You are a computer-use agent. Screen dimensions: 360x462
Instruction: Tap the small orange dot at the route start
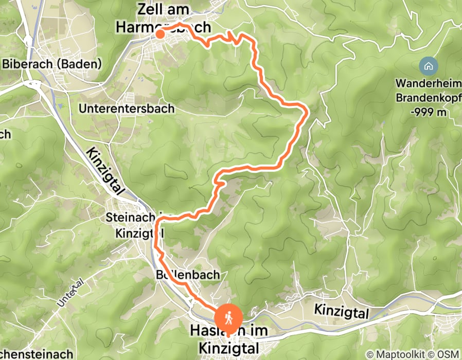[160, 34]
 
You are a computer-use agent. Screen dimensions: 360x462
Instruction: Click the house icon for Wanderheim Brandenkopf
[428, 66]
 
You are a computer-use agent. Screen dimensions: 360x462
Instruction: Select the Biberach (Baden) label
[52, 64]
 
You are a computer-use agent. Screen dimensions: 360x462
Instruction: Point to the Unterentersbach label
[127, 109]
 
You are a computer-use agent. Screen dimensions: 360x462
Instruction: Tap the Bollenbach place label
[187, 275]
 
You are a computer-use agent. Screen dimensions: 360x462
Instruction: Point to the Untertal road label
[70, 295]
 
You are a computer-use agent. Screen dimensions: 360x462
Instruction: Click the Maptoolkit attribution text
[396, 354]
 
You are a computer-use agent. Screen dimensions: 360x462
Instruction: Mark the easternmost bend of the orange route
[308, 110]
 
